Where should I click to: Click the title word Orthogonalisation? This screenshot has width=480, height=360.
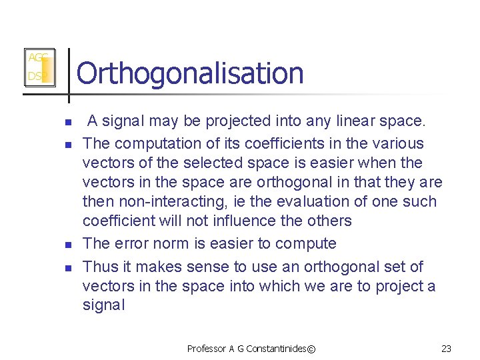click(190, 73)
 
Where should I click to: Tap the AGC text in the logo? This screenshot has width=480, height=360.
click(37, 58)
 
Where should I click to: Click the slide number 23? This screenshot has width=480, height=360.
click(447, 348)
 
